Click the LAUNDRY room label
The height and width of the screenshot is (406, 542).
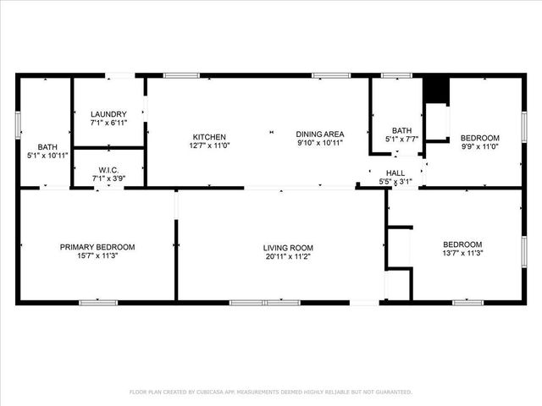click(108, 114)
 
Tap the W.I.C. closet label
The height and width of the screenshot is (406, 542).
click(108, 168)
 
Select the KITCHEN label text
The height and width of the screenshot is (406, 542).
click(209, 137)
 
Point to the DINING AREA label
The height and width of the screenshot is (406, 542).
click(319, 134)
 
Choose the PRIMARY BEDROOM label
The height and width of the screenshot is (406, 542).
click(97, 247)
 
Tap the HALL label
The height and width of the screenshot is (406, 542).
click(395, 172)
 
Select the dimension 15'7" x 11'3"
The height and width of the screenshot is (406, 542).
click(97, 256)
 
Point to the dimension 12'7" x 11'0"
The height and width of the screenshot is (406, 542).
click(209, 145)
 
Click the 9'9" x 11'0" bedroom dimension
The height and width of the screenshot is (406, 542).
click(479, 146)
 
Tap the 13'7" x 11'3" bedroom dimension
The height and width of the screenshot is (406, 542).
click(462, 252)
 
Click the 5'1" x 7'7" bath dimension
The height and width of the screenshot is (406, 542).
click(401, 139)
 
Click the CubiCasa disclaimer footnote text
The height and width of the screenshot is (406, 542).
click(271, 392)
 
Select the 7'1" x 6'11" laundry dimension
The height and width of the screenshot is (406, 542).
click(108, 123)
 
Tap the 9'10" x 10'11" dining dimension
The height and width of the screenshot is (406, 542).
click(319, 143)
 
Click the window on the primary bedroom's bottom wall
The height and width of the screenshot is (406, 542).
click(98, 302)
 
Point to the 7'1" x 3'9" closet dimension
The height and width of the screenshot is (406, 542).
click(108, 178)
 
